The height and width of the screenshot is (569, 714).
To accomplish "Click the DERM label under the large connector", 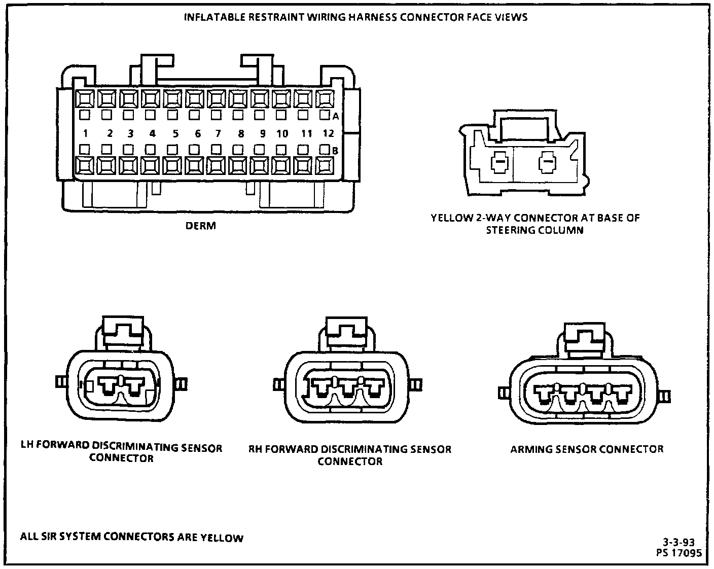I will (201, 226).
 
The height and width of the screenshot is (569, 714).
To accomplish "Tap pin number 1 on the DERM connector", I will (86, 133).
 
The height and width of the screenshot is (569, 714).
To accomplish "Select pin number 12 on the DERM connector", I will (328, 133).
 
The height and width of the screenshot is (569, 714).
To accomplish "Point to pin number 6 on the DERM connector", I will (197, 133).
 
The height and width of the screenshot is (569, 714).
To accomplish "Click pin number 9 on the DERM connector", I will (262, 133).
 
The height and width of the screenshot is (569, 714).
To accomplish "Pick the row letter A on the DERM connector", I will (335, 116).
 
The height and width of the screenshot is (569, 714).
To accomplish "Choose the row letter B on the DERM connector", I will (335, 150).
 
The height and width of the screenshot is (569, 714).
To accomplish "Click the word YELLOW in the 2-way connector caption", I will (450, 219).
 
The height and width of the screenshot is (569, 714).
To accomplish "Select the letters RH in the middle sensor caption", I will (255, 449).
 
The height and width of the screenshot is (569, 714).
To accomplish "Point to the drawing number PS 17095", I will (679, 553).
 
